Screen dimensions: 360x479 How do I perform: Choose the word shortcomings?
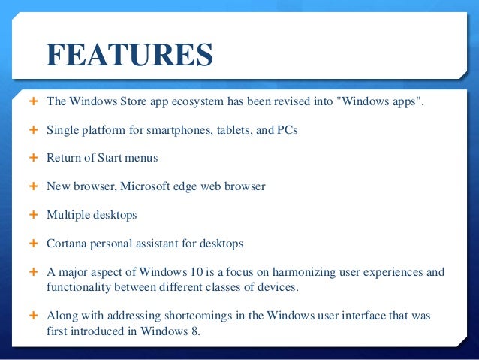[175, 315]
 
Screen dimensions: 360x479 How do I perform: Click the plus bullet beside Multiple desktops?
[32, 215]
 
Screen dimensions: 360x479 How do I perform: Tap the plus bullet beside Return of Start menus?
[32, 158]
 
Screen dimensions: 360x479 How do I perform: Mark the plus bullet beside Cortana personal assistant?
[32, 244]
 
